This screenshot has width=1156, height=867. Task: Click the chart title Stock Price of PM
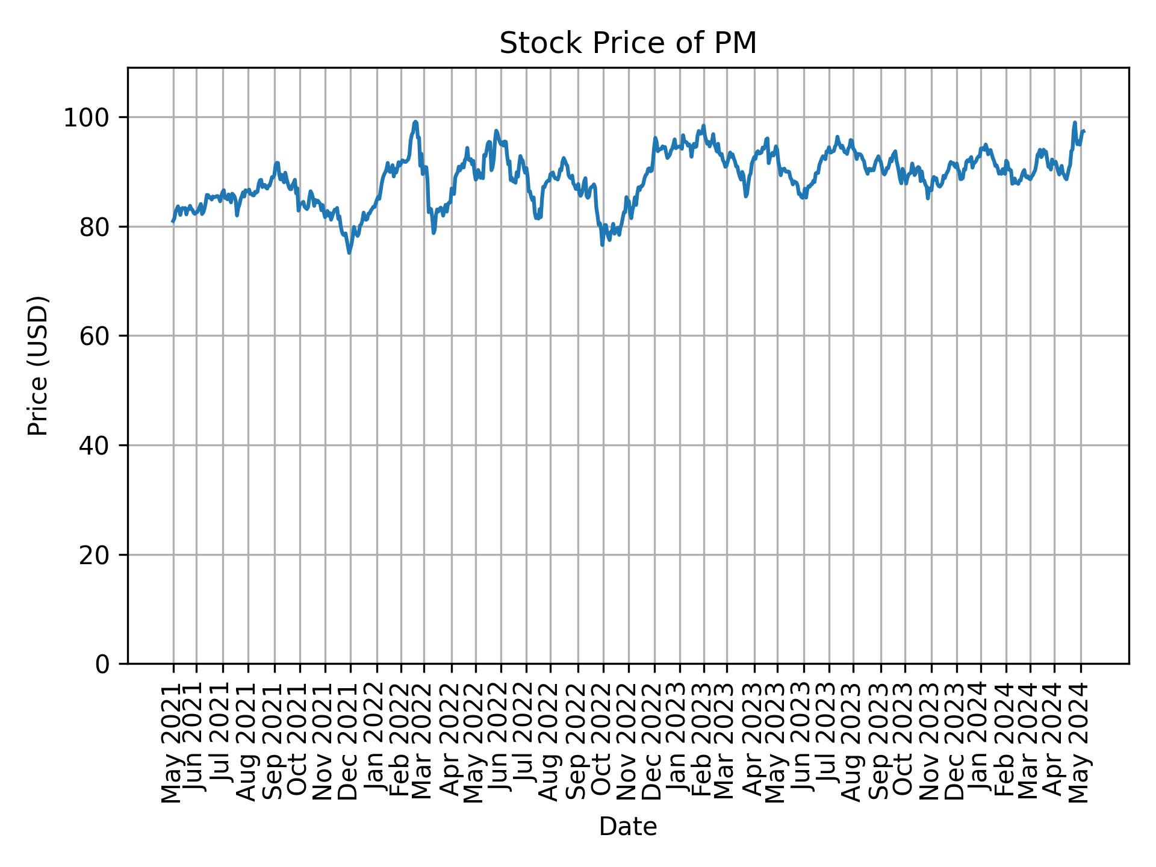(x=627, y=43)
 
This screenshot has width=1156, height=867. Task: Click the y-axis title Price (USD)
(x=38, y=365)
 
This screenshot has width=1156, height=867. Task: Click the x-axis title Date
(x=627, y=827)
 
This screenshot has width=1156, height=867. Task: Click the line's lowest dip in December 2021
(x=349, y=253)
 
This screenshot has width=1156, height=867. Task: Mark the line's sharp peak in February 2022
(x=415, y=122)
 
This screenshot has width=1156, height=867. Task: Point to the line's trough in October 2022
(x=602, y=245)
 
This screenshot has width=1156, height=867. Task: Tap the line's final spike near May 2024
(x=1075, y=123)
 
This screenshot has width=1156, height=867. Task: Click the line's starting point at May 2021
(x=173, y=222)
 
